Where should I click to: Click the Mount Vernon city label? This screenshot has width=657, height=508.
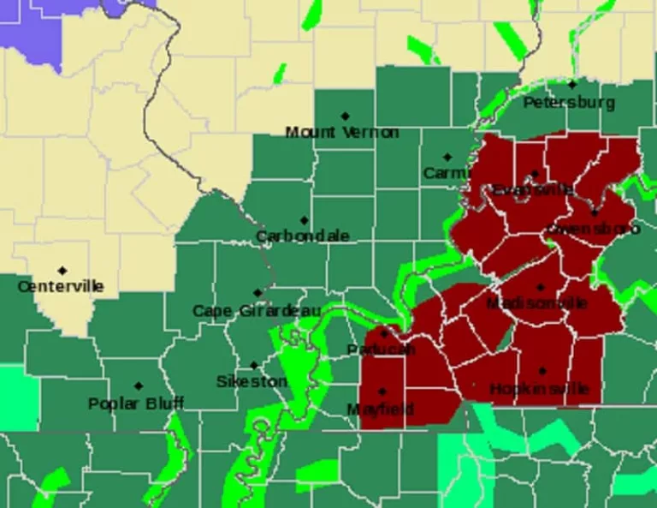pos(341,132)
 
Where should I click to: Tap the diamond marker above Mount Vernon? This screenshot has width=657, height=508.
pos(345,116)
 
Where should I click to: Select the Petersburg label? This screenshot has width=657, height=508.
pos(569,103)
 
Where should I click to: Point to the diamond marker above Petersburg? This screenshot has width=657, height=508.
pos(571,85)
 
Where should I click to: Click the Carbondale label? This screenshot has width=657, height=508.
pos(303,236)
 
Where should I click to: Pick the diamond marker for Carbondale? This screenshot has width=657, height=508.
pos(304,220)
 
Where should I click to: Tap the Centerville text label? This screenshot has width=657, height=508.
pos(61,286)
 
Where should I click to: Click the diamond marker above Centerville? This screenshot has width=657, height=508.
pos(62,271)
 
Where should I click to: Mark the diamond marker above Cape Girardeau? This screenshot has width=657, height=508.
pos(257,293)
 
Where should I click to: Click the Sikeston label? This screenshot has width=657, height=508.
pos(251,381)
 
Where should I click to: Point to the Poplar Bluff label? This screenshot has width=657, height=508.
pos(136,403)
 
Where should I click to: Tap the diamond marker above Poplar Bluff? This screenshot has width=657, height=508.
pos(139,386)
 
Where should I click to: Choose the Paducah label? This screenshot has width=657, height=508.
pos(382,350)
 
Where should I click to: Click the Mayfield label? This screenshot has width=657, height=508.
pos(381,409)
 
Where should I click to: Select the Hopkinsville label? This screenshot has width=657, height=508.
pos(539,389)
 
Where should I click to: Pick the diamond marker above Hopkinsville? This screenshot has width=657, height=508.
pos(542,371)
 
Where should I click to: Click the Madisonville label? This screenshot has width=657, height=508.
pos(536,303)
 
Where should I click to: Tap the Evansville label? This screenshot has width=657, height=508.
pos(533,190)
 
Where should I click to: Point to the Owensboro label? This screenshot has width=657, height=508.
pos(593,229)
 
